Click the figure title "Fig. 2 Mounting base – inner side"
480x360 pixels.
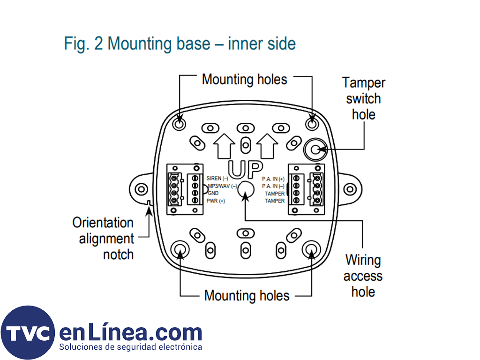coord(180,44)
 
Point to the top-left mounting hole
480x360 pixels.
coord(179,123)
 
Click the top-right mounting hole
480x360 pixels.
coord(312,123)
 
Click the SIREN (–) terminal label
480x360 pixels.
coord(217,179)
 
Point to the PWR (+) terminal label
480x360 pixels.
coord(216,201)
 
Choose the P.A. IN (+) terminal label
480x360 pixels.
coord(273,179)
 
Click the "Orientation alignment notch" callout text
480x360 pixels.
coord(103,239)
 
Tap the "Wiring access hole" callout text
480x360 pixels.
coord(363,276)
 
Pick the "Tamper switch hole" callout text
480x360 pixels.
coord(364,98)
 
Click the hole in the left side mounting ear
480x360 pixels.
coord(141,189)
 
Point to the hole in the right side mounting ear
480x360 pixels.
coord(349,189)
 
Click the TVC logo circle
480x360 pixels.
coord(28,333)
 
